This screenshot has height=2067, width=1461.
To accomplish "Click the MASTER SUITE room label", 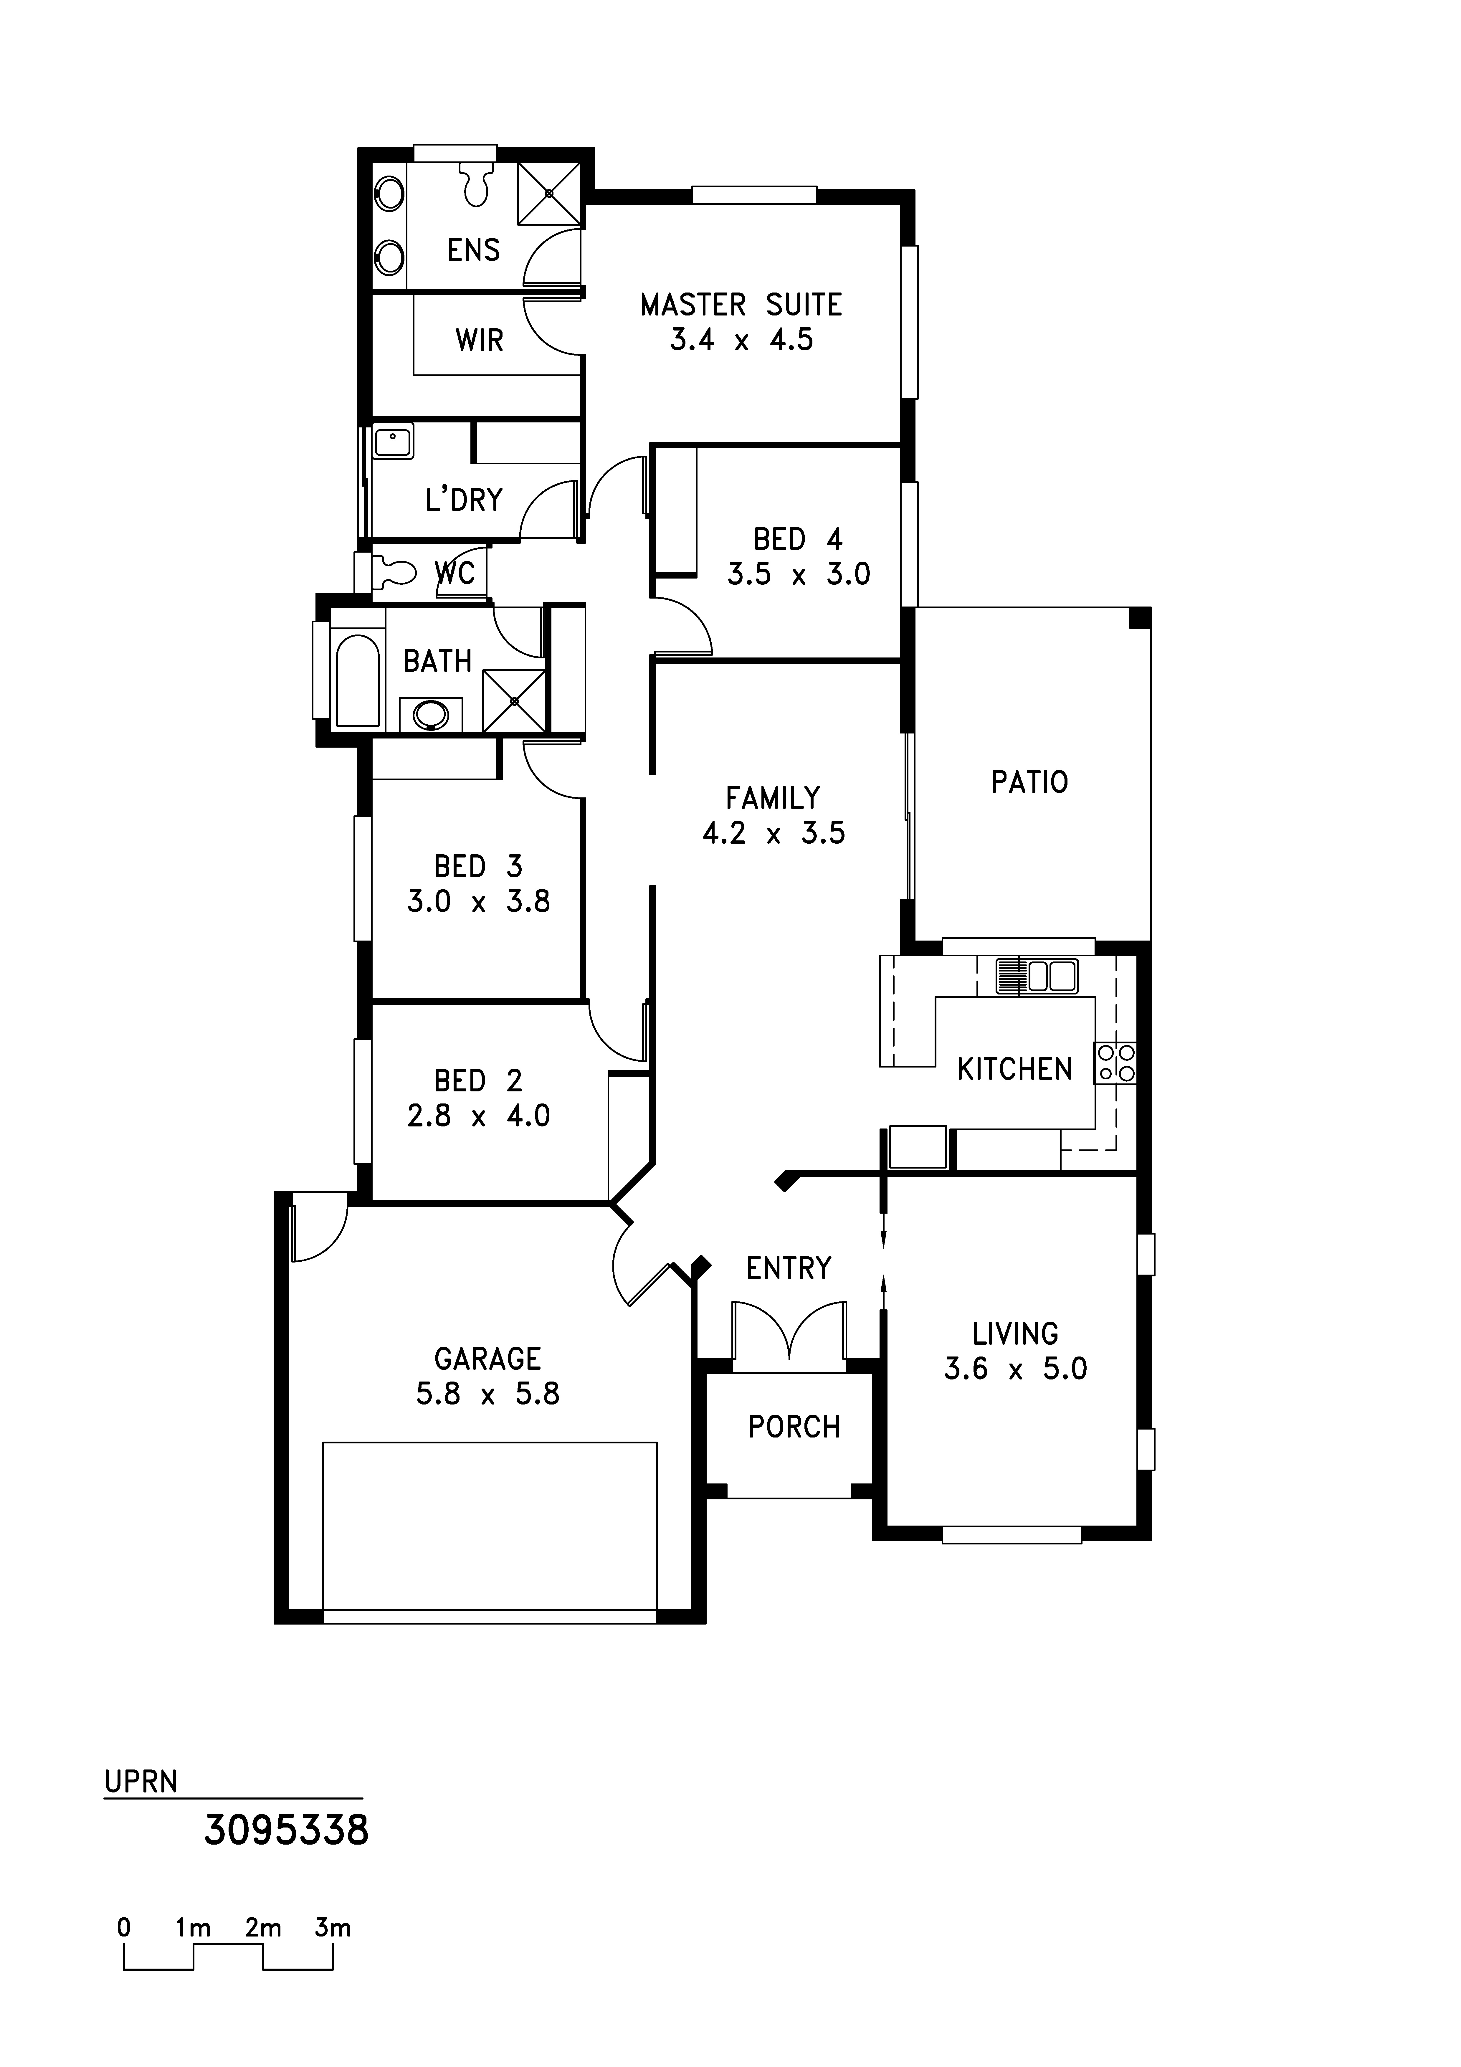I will pos(741,305).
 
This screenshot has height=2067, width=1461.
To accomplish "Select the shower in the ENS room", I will pos(548,194).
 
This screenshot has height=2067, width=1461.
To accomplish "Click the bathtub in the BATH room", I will pos(357,680).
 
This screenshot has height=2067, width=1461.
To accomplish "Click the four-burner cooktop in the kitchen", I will pos(1115,1062).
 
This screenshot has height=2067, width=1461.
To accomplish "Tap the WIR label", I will pos(479,340).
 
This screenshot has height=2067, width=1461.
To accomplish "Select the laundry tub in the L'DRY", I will pos(392,442).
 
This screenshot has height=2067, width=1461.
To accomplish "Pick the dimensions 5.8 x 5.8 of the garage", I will pos(487,1394).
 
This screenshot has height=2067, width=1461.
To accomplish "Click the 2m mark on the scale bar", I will pos(263,1928).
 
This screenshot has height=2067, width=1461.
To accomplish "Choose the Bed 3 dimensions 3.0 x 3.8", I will pos(478,901).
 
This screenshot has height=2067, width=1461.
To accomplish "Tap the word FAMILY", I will pos(772,798).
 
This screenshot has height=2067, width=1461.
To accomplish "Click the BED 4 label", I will pos(798,539).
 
